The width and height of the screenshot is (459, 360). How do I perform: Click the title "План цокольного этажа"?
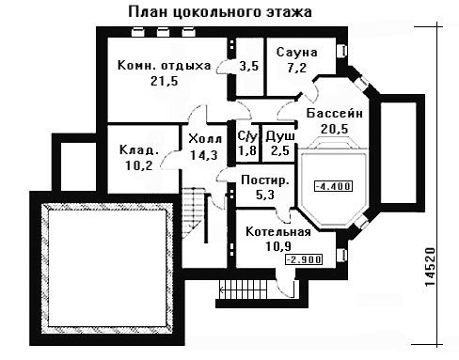coord(220,12)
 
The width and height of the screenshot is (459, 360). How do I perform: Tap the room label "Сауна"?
coord(296,52)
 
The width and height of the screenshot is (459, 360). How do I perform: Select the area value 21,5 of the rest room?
coord(164,81)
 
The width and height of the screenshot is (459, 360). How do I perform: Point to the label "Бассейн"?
coord(334,113)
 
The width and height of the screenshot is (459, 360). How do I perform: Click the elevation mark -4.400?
coord(333,186)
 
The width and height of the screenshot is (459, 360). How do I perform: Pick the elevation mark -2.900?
coord(304,259)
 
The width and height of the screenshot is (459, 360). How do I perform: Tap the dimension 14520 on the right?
coord(431,267)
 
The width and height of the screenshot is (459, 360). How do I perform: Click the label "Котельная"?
coord(278,232)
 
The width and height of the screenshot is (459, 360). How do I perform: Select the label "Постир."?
coord(265,180)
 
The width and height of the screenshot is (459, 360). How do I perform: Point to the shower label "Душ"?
coord(280,136)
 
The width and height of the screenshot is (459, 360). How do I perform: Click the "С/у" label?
coord(247,136)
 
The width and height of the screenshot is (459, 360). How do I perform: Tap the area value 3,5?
coord(249,66)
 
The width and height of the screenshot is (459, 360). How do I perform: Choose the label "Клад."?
coord(139,149)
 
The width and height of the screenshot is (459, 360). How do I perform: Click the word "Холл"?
coord(205,138)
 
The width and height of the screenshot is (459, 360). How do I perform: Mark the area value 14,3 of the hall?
coord(204,155)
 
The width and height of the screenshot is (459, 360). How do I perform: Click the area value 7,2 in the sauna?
coord(296,68)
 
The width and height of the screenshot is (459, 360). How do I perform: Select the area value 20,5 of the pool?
coord(334,129)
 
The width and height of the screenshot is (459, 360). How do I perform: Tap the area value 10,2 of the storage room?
coord(139,165)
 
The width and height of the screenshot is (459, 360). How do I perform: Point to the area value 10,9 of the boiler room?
coord(278,246)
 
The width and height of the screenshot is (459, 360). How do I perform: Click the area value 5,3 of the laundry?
coord(265,195)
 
